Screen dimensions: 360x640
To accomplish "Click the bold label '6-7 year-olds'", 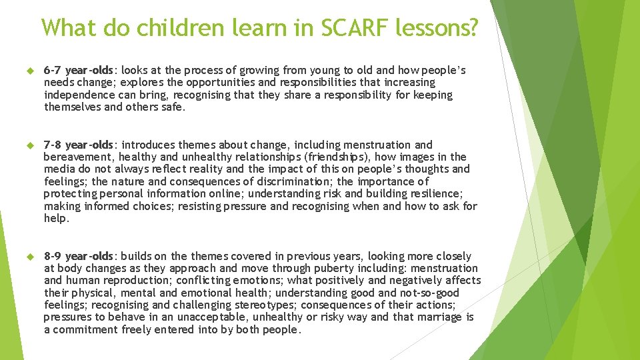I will click(79, 70).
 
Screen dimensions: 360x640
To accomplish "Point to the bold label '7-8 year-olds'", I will click(79, 145).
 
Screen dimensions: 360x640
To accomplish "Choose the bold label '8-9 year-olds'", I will click(79, 256).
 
